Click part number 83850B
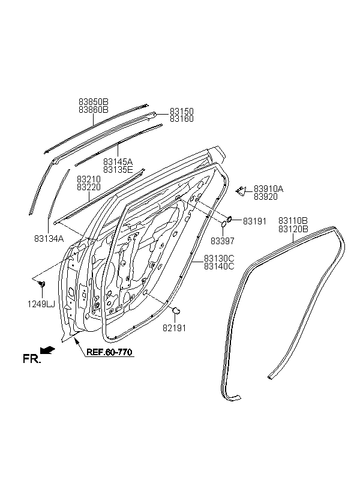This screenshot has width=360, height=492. pos(93,102)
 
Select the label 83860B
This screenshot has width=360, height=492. pos(93,110)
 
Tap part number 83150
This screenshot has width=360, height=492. pos(182,112)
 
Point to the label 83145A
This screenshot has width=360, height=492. pos(118,162)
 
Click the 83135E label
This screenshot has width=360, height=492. pos(118,170)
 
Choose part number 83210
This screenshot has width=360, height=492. pos(89,179)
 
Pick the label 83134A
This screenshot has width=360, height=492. pos(49,239)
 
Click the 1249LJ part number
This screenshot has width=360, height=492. pos(41,304)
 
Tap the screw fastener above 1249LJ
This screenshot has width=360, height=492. pos(41,284)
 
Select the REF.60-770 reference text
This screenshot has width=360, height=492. pos(109,352)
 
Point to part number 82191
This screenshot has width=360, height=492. pos(174,328)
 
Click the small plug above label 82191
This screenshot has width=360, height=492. pos(176,310)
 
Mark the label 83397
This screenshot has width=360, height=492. pos(223,241)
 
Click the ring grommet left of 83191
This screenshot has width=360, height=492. pos(229,218)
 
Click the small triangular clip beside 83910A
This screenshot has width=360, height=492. pos(241,191)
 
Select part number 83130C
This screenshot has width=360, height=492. pos(219,259)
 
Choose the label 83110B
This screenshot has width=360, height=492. pos(293,221)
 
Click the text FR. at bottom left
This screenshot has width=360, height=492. pos(32,359)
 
